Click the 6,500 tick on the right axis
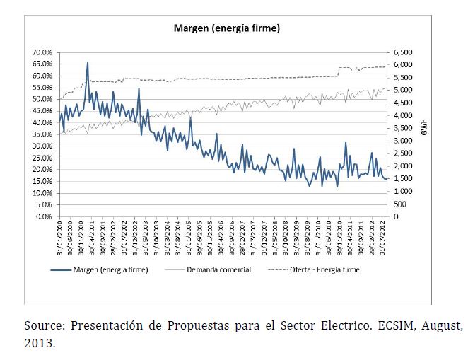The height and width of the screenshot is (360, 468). click(403, 52)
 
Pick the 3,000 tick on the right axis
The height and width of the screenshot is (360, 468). click(403, 141)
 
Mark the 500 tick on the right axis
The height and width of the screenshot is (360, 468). click(399, 204)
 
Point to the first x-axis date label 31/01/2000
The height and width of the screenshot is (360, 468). click(62, 236)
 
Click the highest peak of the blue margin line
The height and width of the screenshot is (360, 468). click(88, 63)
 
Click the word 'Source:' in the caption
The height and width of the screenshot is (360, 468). click(43, 325)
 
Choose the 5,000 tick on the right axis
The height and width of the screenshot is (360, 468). click(403, 91)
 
